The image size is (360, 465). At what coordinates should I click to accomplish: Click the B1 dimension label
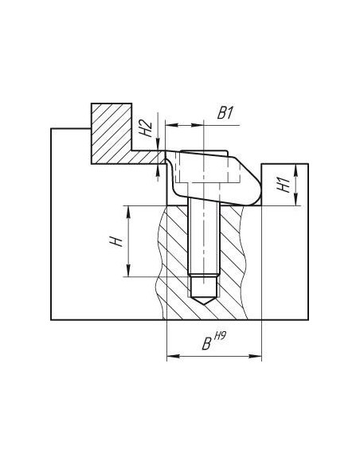(x=225, y=114)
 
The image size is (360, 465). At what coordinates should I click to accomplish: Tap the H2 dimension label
(x=146, y=129)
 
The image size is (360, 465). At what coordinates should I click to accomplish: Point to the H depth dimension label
(x=116, y=241)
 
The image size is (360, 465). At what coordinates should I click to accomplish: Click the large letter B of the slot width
(x=207, y=344)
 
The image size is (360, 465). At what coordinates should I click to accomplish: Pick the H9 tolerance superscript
(x=220, y=336)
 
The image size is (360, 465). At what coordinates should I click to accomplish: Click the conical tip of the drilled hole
(x=204, y=301)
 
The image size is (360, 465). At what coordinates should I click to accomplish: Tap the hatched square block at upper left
(x=112, y=134)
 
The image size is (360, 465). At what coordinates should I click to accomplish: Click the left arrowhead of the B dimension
(x=173, y=356)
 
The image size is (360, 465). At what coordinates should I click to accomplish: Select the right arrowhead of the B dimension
(x=256, y=356)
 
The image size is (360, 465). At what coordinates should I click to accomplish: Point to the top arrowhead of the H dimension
(x=128, y=212)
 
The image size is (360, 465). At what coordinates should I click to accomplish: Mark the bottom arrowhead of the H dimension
(x=128, y=271)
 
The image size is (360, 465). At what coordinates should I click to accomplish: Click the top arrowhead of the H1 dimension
(x=295, y=170)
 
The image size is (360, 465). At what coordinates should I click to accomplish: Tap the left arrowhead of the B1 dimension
(x=171, y=126)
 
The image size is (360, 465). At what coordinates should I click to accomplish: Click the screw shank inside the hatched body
(x=204, y=237)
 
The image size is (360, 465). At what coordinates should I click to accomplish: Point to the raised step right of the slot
(x=284, y=185)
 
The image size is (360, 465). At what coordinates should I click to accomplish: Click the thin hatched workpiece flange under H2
(x=147, y=157)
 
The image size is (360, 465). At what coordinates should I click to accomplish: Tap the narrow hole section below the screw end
(x=204, y=287)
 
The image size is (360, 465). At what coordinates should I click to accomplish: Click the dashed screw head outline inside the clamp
(x=207, y=166)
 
